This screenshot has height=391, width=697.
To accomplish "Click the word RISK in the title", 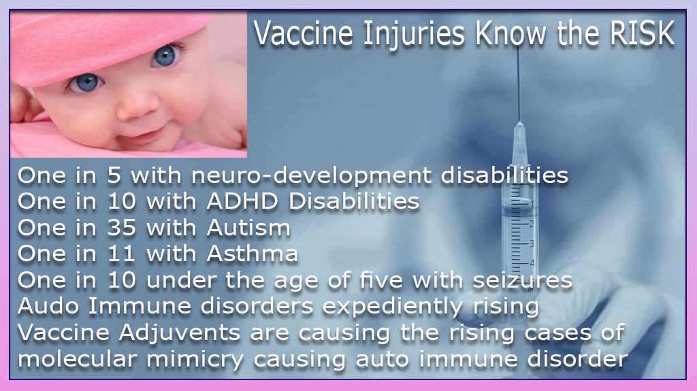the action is pos(643,33).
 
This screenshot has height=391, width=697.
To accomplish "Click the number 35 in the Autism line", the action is pos(121,228).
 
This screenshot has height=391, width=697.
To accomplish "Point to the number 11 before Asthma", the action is pos(121,254).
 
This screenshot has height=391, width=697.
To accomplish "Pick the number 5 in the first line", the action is pos(114,175).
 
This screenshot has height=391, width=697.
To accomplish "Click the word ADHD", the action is pos(242,202).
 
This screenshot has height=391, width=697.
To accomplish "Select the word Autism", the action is pos(248,228).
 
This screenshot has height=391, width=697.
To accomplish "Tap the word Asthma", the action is pos(252,254).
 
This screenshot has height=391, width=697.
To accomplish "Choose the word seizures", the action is pos(522,280).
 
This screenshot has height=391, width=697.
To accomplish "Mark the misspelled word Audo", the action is pos(48,307).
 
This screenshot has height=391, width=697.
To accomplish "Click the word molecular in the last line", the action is pos(77,360).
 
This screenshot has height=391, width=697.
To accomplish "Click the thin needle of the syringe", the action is pos(518,84).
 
